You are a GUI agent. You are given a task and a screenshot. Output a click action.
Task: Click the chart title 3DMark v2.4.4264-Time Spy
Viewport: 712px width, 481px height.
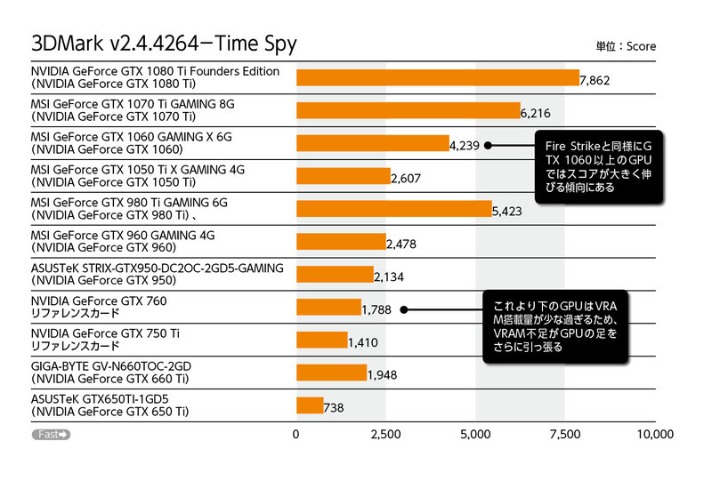164,43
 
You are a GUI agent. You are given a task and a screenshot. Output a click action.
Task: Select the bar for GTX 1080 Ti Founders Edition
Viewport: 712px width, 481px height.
437,77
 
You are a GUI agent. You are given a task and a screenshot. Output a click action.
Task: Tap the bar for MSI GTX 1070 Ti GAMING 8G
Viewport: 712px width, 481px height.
408,110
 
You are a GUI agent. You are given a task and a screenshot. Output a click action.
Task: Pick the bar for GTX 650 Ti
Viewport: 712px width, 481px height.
310,405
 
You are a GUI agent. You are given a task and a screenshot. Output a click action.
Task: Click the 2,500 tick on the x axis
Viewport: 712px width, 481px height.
385,435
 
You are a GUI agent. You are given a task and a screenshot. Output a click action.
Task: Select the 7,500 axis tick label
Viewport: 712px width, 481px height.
564,435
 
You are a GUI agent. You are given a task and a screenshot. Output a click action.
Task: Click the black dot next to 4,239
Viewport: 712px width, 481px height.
488,143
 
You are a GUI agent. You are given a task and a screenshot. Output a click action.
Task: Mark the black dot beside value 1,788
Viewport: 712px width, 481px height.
403,309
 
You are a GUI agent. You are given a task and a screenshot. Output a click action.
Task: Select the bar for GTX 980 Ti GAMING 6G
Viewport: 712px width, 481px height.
393,209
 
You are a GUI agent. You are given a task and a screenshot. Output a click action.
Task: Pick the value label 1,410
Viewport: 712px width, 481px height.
363,341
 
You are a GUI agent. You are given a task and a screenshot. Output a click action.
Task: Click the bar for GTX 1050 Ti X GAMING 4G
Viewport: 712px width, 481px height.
343,176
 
